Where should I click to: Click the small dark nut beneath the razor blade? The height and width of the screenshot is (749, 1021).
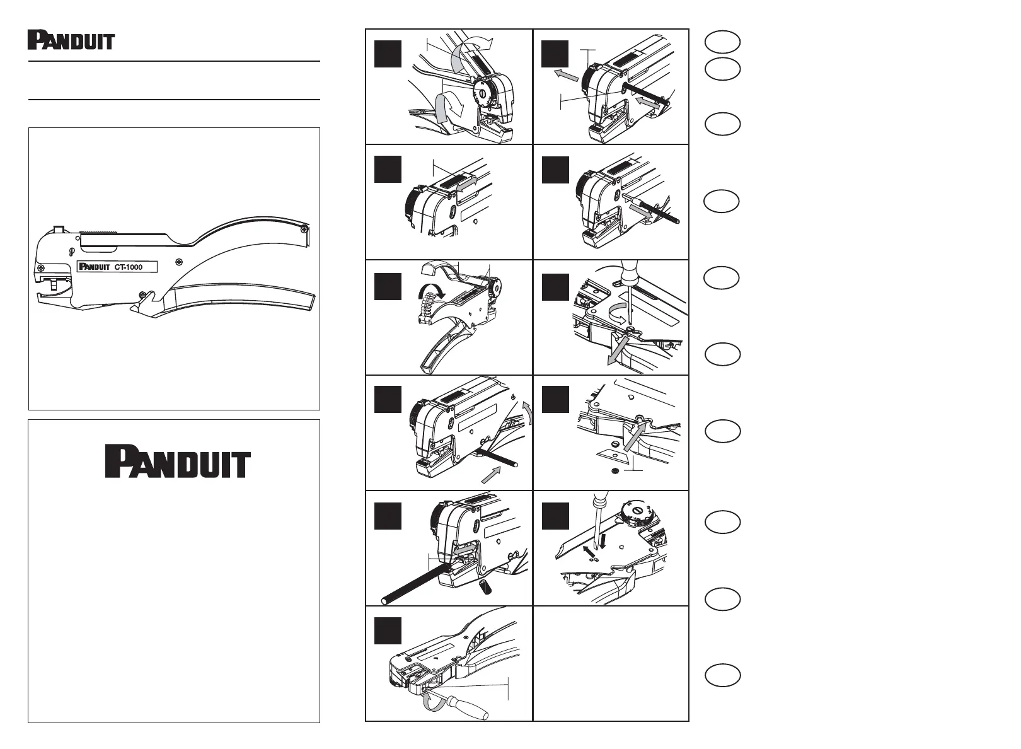tap(613, 470)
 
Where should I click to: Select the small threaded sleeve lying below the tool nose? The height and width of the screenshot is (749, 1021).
tap(487, 588)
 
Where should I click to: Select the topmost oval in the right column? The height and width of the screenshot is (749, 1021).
tap(722, 42)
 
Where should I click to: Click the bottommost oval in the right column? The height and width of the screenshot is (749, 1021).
tap(722, 675)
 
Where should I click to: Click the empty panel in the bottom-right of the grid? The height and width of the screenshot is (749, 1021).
tap(611, 663)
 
